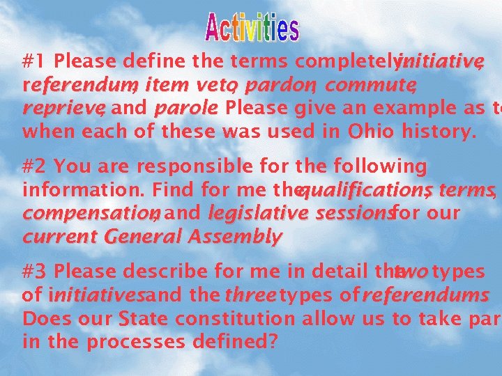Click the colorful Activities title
[252, 27]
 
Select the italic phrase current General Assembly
[152, 237]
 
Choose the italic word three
[250, 295]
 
